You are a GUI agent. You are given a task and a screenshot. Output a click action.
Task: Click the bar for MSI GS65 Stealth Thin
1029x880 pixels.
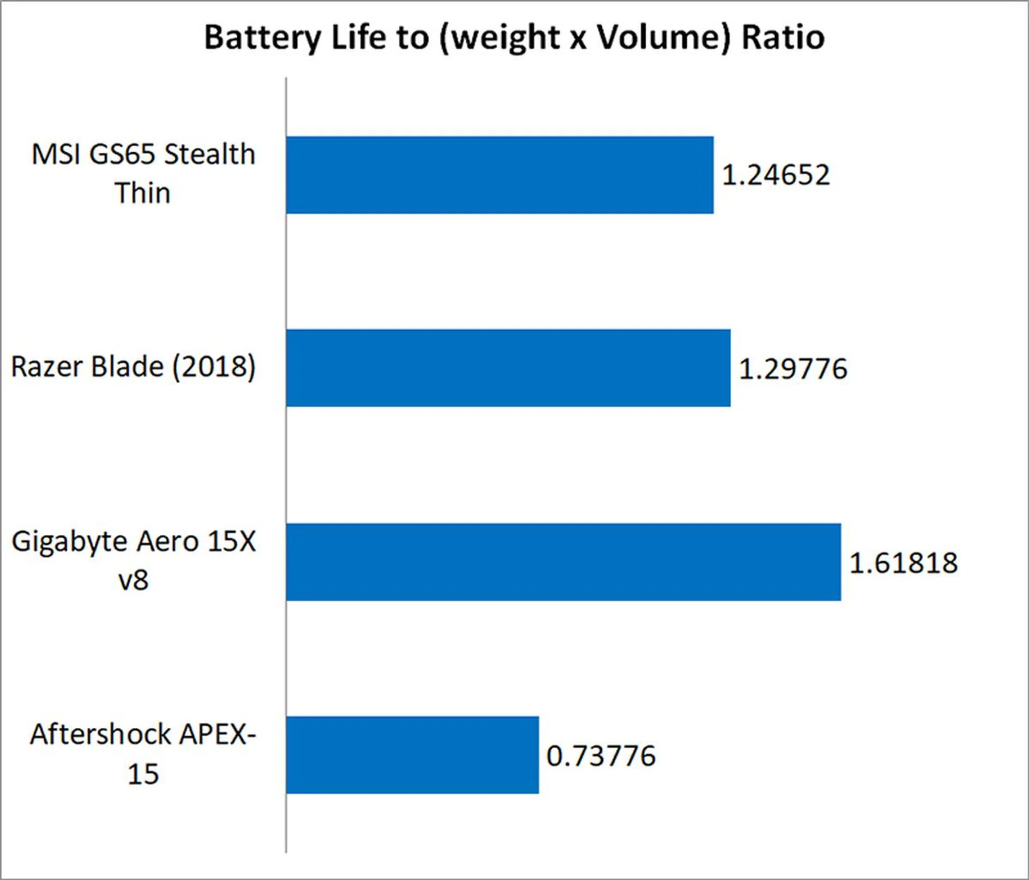click(499, 175)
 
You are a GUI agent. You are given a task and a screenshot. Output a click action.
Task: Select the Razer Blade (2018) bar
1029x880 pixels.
click(508, 368)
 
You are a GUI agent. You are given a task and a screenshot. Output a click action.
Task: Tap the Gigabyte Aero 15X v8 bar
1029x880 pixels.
click(563, 562)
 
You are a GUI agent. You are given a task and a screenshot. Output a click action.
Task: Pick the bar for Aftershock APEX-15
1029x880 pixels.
click(412, 755)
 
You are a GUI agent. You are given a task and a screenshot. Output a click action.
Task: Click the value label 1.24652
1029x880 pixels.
click(776, 175)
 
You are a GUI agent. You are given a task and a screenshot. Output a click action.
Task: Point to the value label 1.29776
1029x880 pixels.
click(793, 369)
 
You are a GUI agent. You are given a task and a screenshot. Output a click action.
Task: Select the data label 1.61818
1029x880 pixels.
click(903, 563)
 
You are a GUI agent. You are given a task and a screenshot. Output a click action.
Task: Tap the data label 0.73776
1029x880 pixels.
click(601, 756)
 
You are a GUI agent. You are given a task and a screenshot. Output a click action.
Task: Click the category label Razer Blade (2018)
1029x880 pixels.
click(133, 368)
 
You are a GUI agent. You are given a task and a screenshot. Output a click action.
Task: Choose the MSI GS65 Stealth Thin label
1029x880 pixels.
click(143, 173)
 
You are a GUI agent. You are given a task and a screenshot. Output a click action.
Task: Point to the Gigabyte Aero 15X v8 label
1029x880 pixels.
click(133, 560)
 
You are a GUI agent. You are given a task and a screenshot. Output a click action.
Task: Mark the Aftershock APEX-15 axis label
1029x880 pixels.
click(143, 754)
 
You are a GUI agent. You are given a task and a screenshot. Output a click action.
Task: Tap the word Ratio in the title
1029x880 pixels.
click(783, 38)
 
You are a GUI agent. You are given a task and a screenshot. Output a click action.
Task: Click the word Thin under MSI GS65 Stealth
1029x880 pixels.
click(143, 193)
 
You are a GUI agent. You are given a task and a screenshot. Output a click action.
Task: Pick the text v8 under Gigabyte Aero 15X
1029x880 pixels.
click(133, 580)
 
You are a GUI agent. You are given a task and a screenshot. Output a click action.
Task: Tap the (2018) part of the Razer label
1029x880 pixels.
click(214, 368)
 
